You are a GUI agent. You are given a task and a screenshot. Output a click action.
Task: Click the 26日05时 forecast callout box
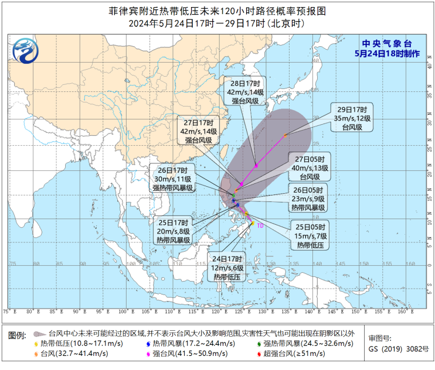tap(309, 199)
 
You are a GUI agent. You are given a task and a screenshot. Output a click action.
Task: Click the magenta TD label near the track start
tap(260, 224)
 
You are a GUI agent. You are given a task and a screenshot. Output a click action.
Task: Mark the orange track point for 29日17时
tap(286, 135)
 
